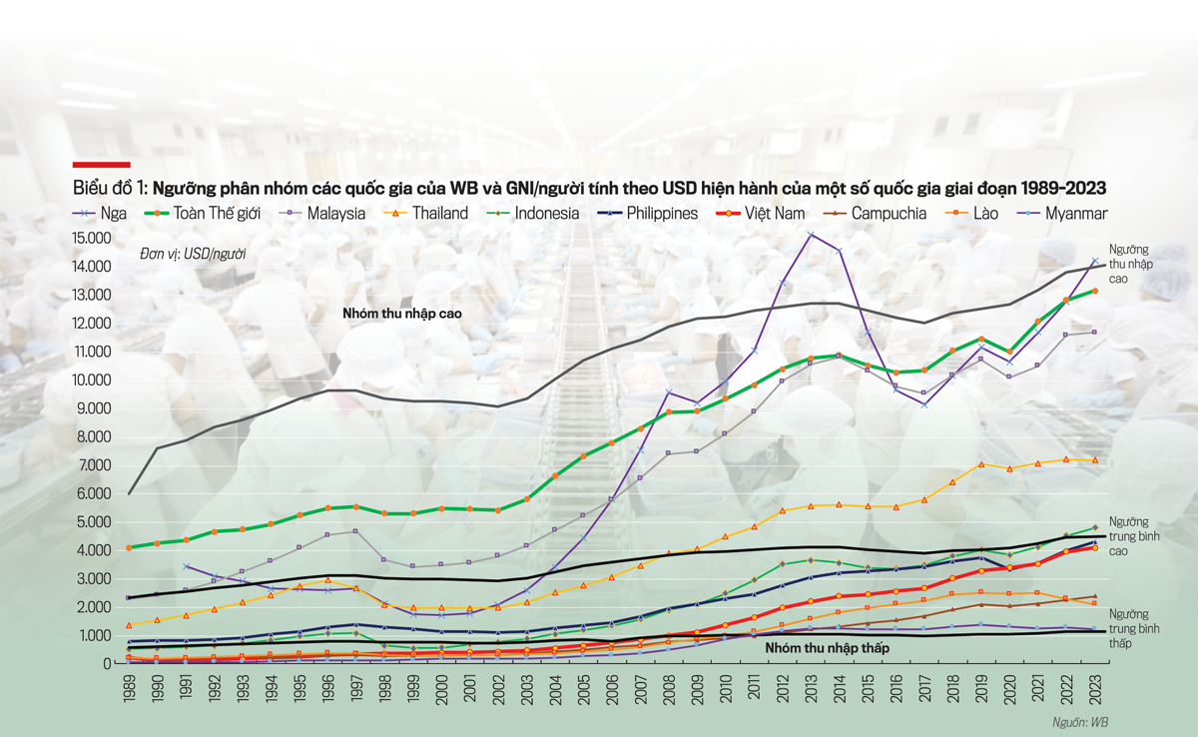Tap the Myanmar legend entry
pyautogui.click(x=1074, y=213)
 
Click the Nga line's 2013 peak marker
pyautogui.click(x=811, y=236)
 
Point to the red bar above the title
pyautogui.click(x=101, y=164)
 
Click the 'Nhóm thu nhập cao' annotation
pyautogui.click(x=401, y=314)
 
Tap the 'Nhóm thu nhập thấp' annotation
pyautogui.click(x=827, y=648)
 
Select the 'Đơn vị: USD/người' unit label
pyautogui.click(x=193, y=255)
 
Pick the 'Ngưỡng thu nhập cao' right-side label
pyautogui.click(x=1132, y=264)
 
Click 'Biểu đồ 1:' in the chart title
pyautogui.click(x=110, y=188)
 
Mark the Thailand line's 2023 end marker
pyautogui.click(x=1095, y=460)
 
